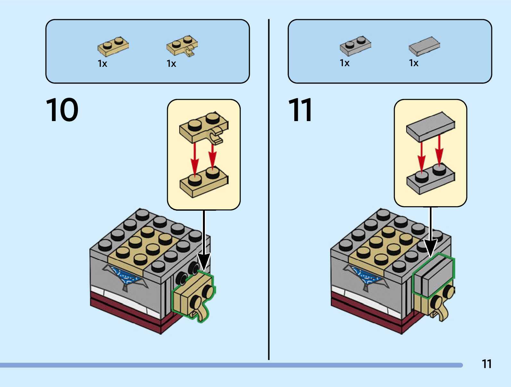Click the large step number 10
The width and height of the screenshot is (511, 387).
(x=62, y=110)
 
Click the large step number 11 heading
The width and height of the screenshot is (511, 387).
(x=300, y=110)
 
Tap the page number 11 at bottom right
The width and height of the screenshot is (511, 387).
(x=486, y=364)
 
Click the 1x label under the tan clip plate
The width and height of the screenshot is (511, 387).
(x=171, y=64)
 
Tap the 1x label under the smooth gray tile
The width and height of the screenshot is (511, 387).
(x=414, y=63)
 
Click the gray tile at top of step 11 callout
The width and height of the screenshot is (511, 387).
(x=431, y=126)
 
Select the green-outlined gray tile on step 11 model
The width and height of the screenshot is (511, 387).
(x=434, y=276)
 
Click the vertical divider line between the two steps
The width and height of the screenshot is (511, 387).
(x=269, y=193)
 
